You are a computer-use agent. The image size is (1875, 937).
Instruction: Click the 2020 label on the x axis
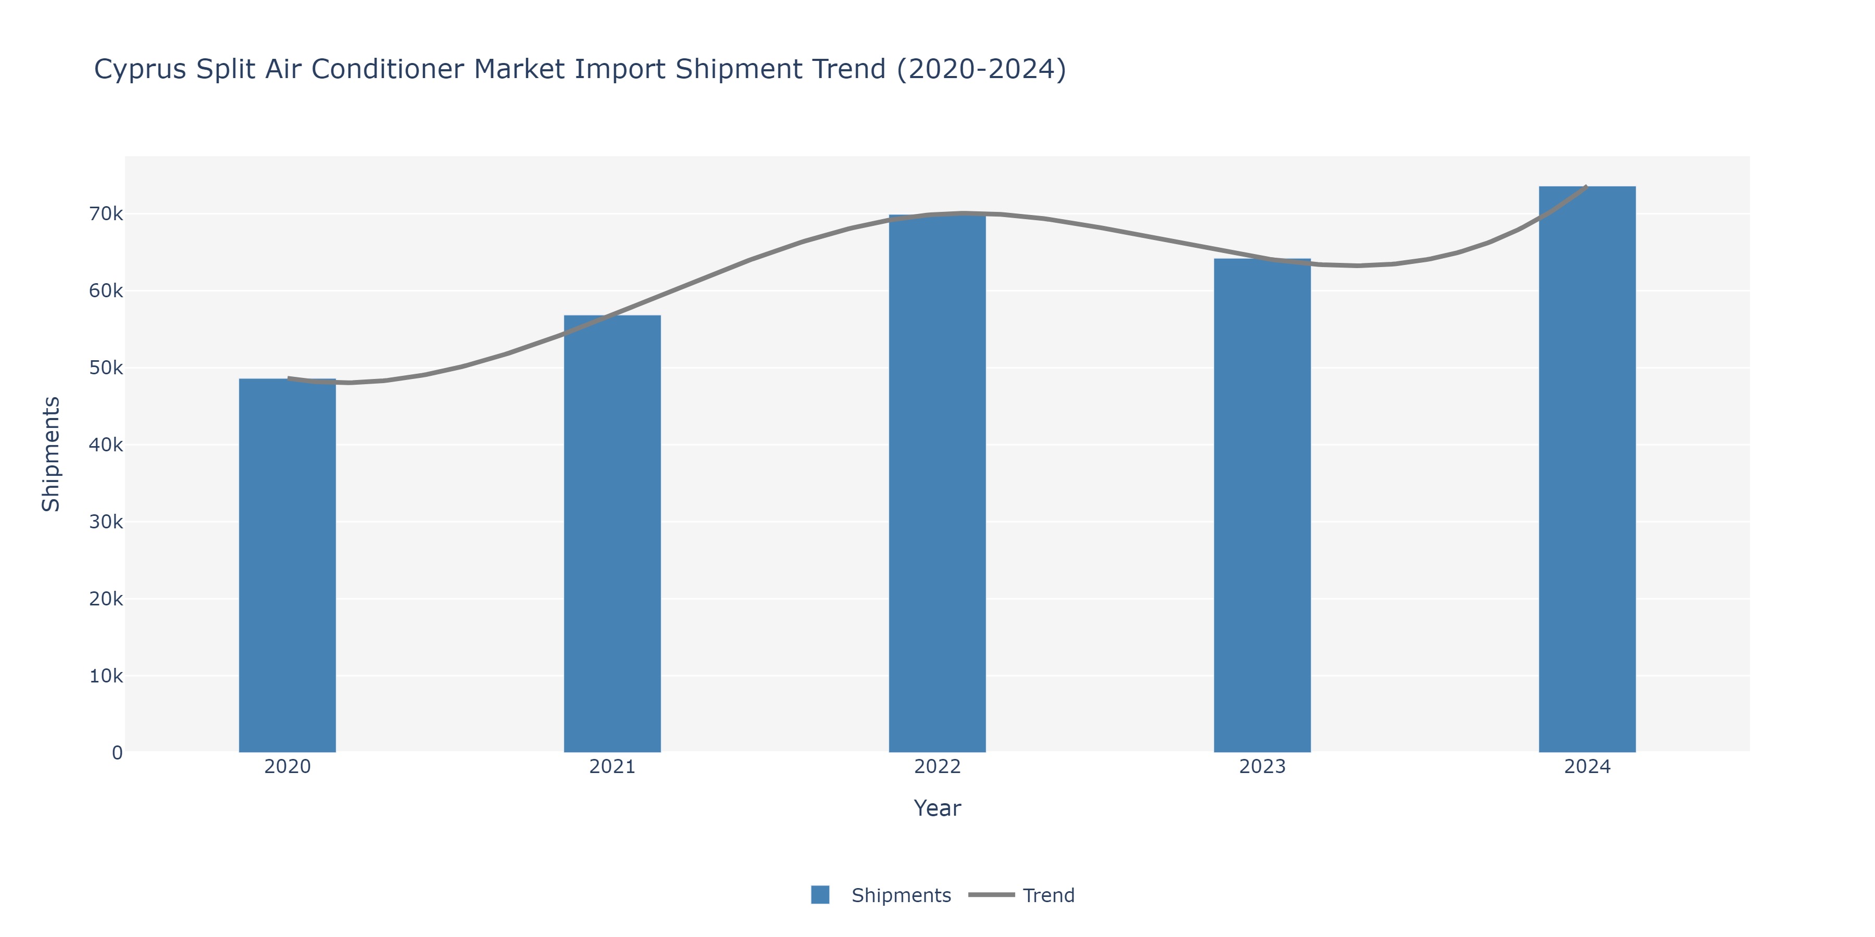click(x=287, y=767)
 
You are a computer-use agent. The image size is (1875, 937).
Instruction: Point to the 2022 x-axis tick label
click(x=937, y=767)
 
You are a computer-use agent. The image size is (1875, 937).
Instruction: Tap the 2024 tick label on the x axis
click(x=1587, y=767)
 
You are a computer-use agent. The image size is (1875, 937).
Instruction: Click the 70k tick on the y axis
click(x=106, y=214)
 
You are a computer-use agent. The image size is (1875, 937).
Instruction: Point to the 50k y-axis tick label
click(x=106, y=368)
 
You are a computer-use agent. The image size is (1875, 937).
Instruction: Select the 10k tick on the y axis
click(x=106, y=676)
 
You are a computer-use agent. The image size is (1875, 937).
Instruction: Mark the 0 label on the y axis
click(x=117, y=753)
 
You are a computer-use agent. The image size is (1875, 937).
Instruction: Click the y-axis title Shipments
click(x=51, y=454)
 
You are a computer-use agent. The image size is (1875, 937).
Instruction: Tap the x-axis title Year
click(x=937, y=808)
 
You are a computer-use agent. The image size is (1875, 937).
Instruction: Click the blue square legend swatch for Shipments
click(x=820, y=895)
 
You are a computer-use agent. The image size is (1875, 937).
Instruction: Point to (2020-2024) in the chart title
click(x=981, y=69)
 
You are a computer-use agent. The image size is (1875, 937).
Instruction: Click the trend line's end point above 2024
click(x=1585, y=187)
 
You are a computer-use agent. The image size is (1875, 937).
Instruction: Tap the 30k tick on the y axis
click(x=106, y=522)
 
